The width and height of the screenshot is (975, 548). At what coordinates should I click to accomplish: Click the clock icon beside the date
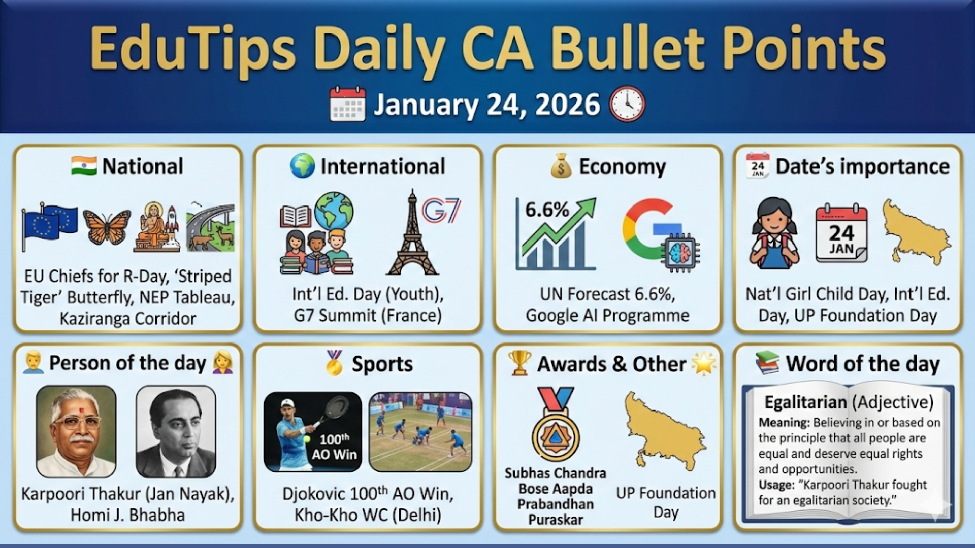(627, 104)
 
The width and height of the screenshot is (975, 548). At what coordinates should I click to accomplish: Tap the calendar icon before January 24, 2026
(347, 104)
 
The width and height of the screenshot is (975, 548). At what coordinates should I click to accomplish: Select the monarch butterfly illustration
(107, 227)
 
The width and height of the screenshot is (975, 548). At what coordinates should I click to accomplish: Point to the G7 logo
(441, 211)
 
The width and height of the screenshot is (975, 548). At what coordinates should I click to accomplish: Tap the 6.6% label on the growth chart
(546, 210)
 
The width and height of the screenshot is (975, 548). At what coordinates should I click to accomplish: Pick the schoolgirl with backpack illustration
(774, 233)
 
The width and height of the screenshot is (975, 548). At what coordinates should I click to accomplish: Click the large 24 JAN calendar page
(841, 233)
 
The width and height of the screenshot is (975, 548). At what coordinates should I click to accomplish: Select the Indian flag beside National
(84, 166)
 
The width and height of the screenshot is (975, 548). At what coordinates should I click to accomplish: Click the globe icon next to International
(302, 166)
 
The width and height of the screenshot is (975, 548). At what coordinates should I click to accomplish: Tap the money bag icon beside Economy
(561, 166)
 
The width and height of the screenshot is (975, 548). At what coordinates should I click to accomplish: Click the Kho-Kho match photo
(420, 432)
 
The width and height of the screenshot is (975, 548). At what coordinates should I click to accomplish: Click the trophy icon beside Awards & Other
(519, 363)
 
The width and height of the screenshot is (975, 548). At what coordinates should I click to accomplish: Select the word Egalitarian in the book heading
(806, 402)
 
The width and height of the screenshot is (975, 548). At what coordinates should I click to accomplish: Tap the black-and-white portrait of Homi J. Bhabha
(176, 432)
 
